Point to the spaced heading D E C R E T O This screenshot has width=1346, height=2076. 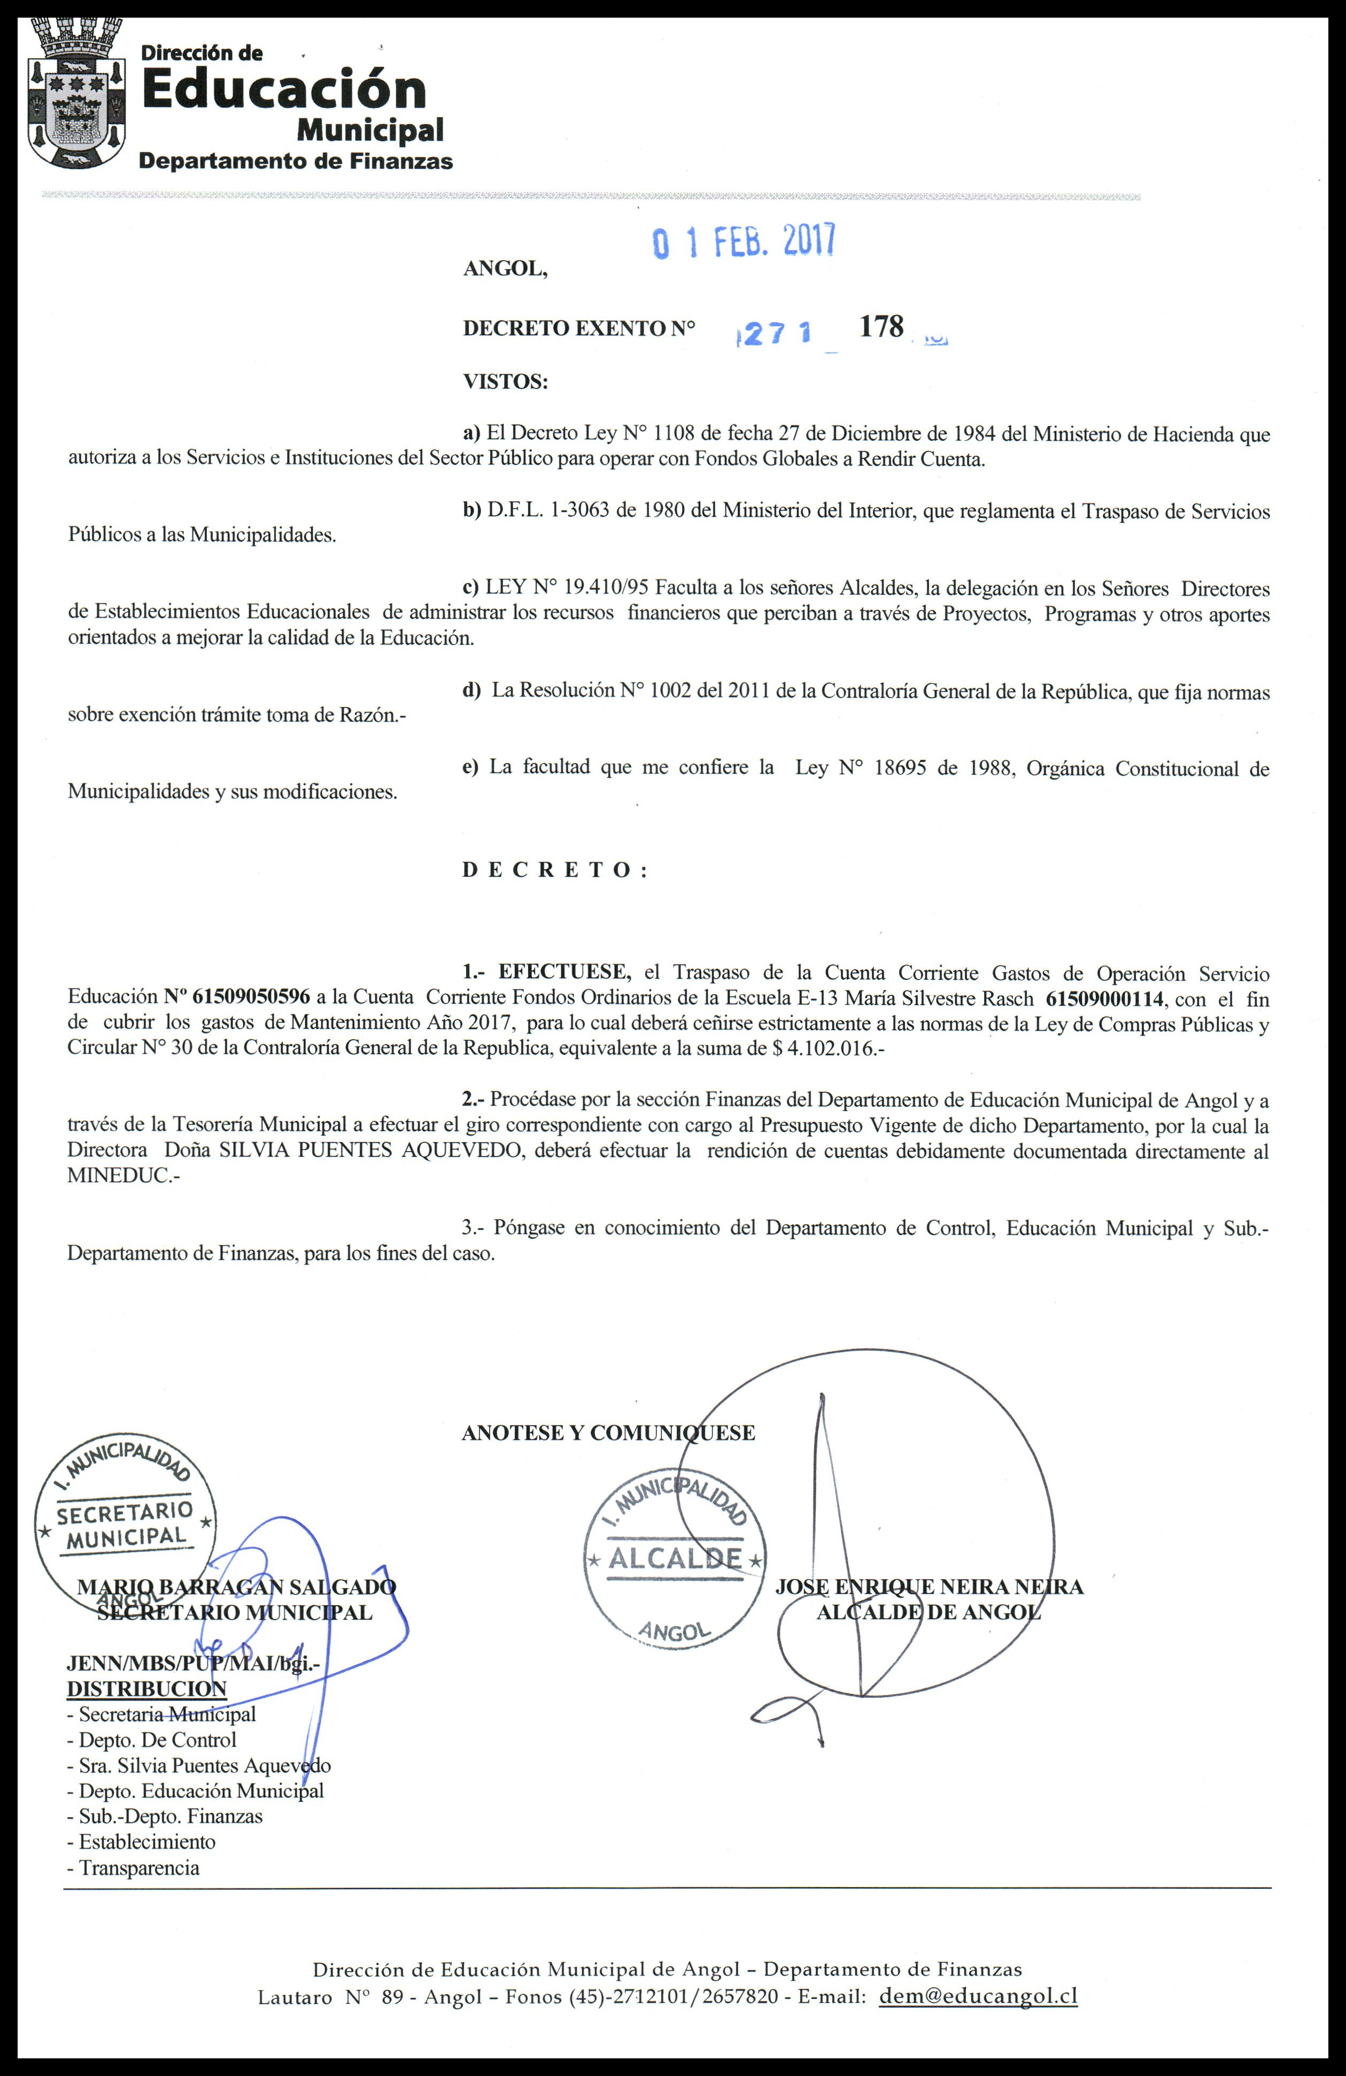(554, 870)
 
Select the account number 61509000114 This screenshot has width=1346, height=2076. (1104, 998)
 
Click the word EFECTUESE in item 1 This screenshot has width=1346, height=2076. (564, 972)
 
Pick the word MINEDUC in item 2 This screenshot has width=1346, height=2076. (116, 1175)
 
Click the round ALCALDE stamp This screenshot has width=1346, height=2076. (674, 1552)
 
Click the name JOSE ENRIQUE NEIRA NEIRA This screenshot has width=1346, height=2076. (929, 1587)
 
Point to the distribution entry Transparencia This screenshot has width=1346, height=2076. (138, 1867)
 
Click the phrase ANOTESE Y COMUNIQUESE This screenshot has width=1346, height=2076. (608, 1433)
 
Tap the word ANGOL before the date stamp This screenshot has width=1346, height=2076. (505, 268)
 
